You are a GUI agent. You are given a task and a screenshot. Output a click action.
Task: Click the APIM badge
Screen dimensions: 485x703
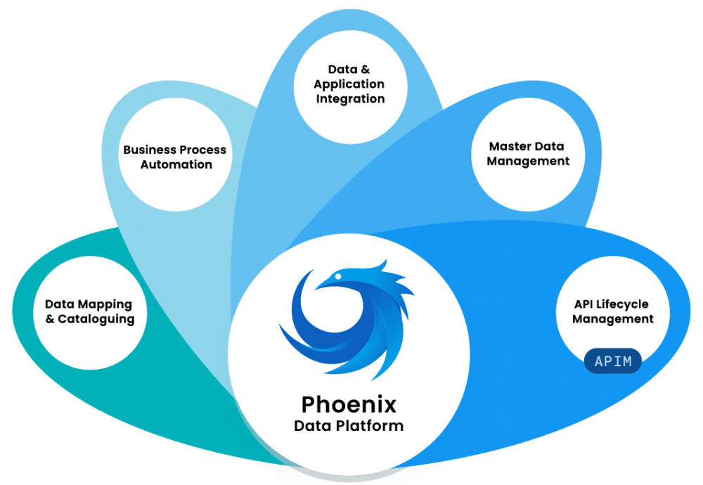613,362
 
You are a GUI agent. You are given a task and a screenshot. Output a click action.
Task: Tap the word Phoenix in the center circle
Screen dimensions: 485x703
349,404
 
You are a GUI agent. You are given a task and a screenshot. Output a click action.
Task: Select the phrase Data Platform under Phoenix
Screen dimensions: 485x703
349,425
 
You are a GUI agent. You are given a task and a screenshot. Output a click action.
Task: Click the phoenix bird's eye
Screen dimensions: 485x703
337,277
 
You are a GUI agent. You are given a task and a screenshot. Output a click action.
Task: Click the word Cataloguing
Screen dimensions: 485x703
96,318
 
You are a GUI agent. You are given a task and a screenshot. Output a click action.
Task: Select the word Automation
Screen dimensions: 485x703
176,164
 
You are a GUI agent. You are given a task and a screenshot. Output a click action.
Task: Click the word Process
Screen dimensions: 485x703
202,150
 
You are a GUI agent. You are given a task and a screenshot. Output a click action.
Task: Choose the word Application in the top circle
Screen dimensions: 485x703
349,84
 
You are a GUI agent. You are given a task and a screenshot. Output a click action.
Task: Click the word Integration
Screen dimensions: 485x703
350,99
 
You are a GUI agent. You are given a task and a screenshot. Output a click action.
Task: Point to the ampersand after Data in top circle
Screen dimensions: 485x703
364,70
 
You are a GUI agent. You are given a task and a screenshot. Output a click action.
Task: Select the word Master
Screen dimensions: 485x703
512,146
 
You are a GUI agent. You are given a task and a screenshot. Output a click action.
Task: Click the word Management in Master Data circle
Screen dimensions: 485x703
528,161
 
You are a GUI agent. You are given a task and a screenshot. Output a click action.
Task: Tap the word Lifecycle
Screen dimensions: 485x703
621,304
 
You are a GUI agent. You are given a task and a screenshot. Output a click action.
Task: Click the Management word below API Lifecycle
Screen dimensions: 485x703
612,319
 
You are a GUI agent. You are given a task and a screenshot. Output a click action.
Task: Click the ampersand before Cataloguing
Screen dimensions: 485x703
50,318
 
